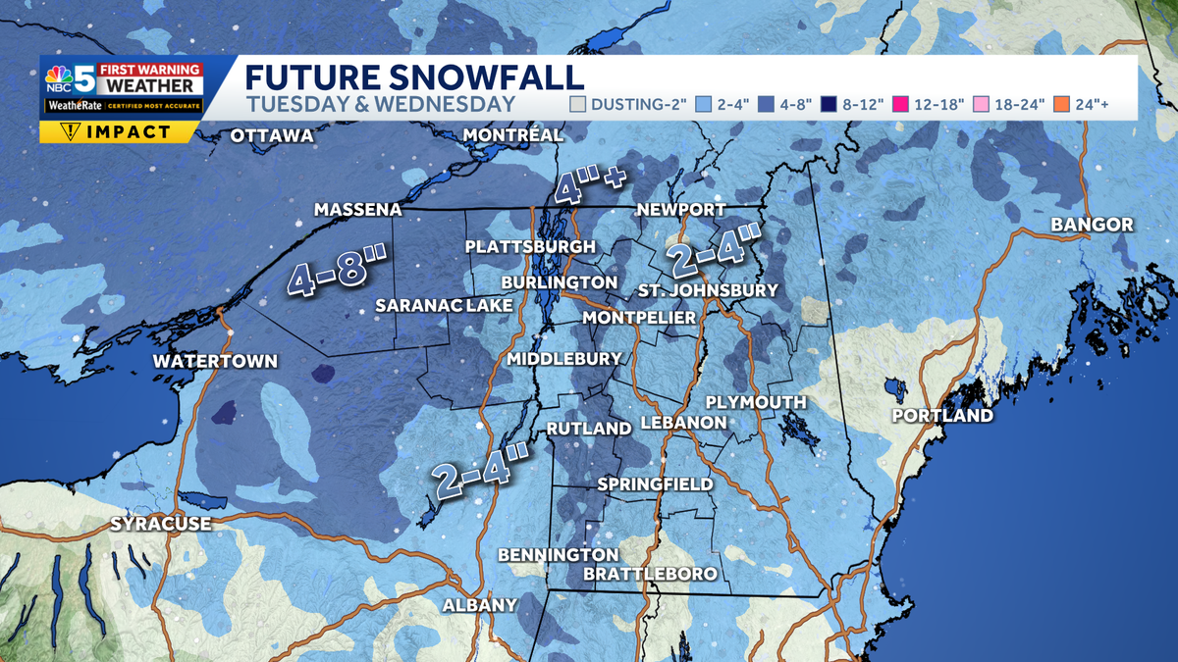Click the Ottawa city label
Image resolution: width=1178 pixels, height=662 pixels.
pos(271,135)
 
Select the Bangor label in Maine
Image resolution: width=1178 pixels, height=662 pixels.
pos(1092,225)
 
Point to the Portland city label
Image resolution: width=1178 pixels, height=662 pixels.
pos(941,416)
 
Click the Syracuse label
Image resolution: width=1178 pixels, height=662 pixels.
pos(160,524)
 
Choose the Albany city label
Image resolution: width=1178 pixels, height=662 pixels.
pos(479,605)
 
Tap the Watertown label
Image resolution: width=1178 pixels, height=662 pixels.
pos(215,361)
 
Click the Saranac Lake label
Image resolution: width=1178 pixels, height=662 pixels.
pos(445,306)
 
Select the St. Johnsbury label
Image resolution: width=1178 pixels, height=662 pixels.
pos(707,290)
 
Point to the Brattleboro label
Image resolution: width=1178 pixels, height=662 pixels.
pos(650,573)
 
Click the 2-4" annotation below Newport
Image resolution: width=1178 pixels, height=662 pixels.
pos(715,251)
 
